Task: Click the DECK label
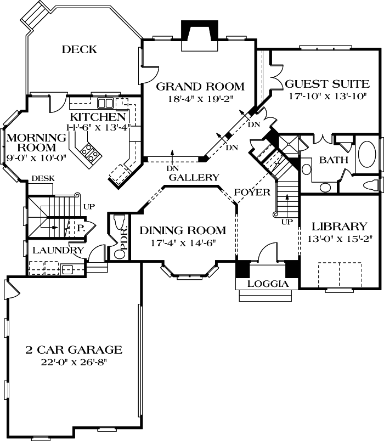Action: point(79,50)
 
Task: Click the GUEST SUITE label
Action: point(327,84)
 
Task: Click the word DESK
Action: point(42,178)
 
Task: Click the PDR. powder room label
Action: point(125,240)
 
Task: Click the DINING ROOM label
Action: point(182,230)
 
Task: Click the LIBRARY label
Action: point(339,226)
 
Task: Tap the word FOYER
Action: point(252,193)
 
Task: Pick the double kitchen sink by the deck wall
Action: point(105,103)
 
